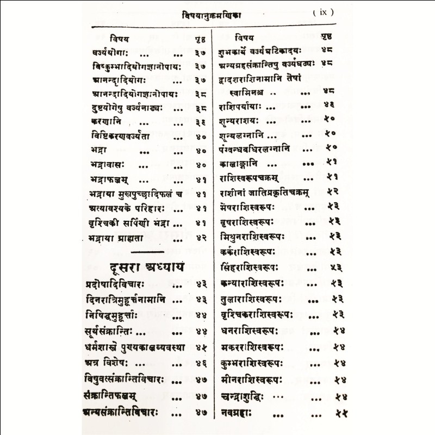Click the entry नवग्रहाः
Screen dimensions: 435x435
click(x=239, y=414)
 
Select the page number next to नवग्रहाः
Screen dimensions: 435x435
click(x=341, y=414)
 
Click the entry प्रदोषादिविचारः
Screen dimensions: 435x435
click(x=120, y=284)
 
